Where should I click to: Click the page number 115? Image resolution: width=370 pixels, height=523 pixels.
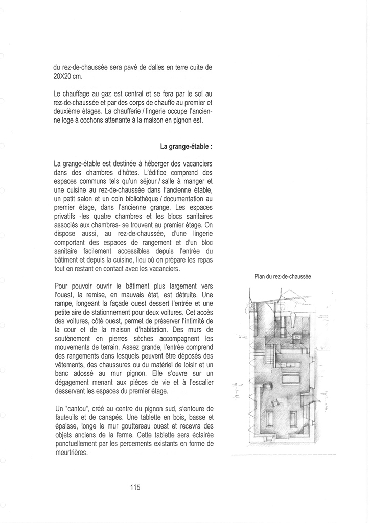135,487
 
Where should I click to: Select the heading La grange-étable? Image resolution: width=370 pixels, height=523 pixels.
187,147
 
